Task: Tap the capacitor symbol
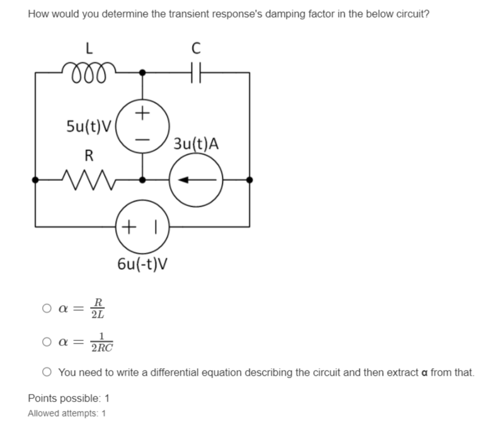(196, 72)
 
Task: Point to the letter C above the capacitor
(196, 47)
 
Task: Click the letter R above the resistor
(90, 155)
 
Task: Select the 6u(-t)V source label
(143, 262)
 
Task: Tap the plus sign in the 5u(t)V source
(144, 114)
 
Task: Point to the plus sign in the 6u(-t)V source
(130, 225)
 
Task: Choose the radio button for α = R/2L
(47, 309)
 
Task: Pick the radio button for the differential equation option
(47, 372)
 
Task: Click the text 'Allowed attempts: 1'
(67, 413)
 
